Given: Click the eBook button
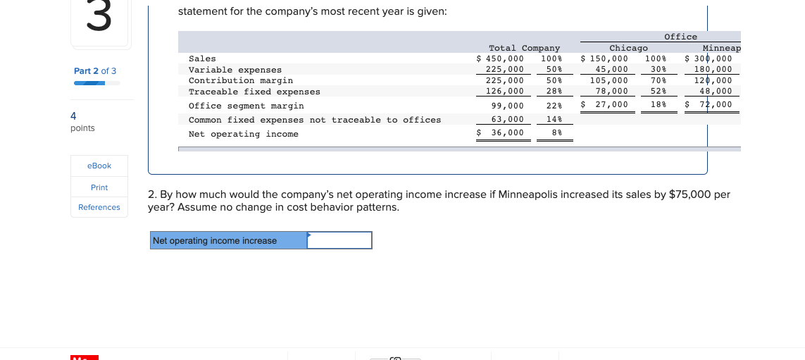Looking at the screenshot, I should click(x=99, y=166).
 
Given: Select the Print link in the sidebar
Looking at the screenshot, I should click(x=99, y=187).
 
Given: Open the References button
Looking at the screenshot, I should click(x=99, y=207).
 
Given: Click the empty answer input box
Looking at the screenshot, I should click(x=339, y=241).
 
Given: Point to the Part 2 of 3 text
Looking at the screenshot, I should click(x=95, y=71).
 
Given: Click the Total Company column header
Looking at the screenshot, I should click(x=524, y=48).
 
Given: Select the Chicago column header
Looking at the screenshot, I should click(x=628, y=48).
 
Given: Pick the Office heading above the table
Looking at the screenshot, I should click(x=680, y=37).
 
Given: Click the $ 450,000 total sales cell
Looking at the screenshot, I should click(x=501, y=58).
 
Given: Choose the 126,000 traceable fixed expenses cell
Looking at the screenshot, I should click(x=505, y=91).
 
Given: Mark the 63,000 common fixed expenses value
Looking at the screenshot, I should click(x=507, y=119).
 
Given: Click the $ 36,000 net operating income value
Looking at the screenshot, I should click(x=501, y=132).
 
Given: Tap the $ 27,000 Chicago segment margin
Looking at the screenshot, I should click(x=604, y=104).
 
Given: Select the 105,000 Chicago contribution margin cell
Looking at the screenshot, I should click(x=609, y=80).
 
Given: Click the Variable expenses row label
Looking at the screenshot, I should click(x=235, y=70).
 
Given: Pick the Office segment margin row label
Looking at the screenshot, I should click(x=247, y=106).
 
